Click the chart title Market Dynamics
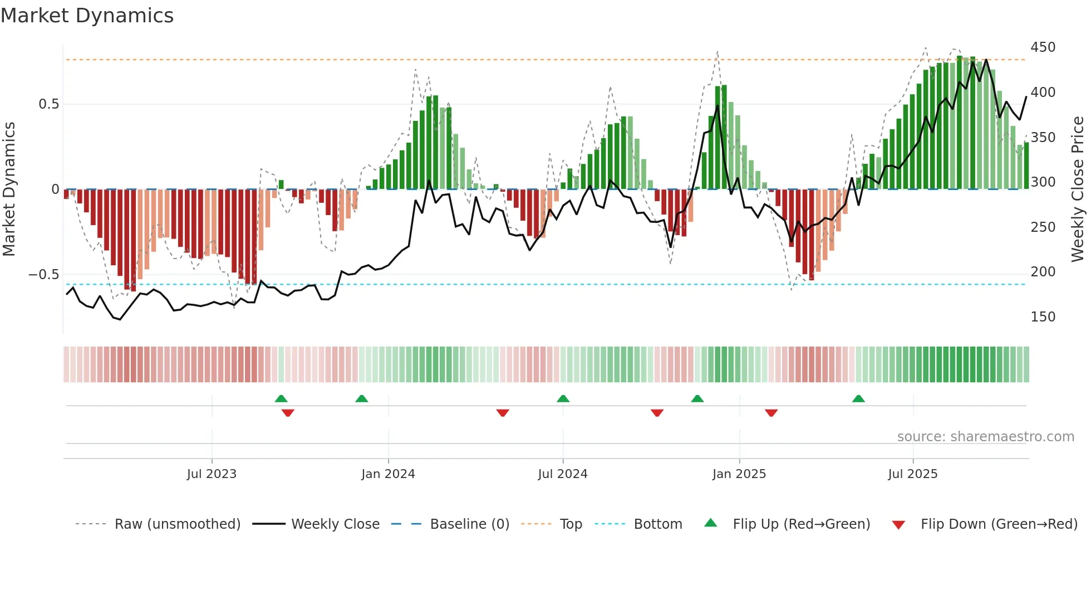point(87,16)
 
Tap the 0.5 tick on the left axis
point(48,104)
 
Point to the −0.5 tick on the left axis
point(44,275)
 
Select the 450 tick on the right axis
point(1043,47)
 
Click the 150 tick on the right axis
point(1043,317)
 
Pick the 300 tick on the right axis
point(1043,182)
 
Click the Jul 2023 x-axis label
point(212,474)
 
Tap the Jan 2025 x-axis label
point(739,474)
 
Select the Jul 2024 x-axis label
point(563,474)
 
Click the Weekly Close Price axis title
point(1078,189)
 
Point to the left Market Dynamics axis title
point(9,189)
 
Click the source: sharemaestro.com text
point(985,437)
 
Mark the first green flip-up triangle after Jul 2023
point(281,399)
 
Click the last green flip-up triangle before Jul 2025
point(858,399)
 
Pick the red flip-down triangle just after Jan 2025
point(771,413)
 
